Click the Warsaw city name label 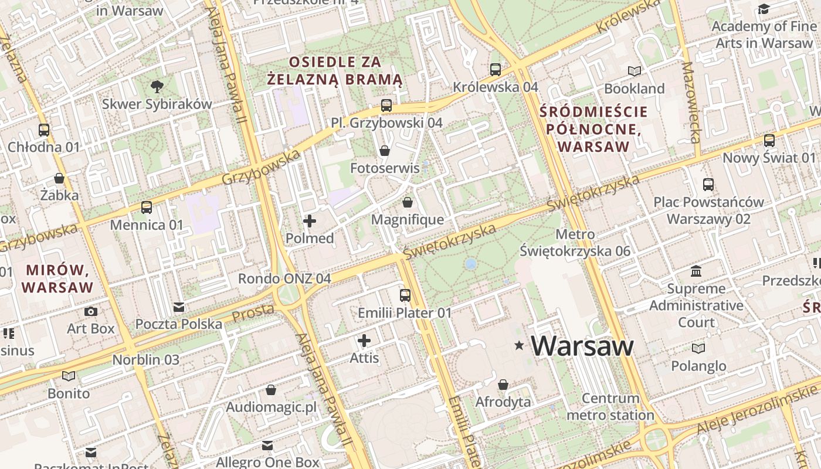[x=582, y=346]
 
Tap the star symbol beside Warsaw [x=519, y=346]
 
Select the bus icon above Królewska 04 [x=496, y=70]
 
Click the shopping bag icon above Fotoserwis [x=385, y=151]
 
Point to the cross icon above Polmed [x=310, y=221]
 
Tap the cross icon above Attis [x=364, y=341]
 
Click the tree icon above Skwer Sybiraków [x=157, y=87]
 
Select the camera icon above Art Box [x=91, y=311]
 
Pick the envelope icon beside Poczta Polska [x=179, y=307]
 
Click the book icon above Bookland [x=635, y=72]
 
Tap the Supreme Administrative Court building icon [x=696, y=271]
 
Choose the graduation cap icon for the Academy [x=764, y=9]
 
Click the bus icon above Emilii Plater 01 [x=405, y=295]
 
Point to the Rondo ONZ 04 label [x=284, y=278]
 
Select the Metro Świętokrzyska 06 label [x=575, y=243]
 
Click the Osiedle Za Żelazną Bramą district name [x=335, y=70]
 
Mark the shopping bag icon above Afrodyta [x=503, y=385]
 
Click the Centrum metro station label [x=610, y=407]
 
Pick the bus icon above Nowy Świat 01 [x=769, y=141]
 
